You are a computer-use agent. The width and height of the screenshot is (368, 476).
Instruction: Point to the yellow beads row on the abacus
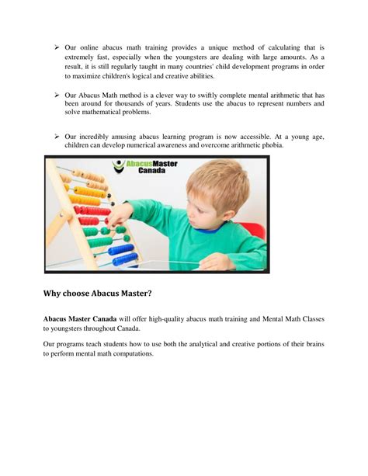coord(84,200)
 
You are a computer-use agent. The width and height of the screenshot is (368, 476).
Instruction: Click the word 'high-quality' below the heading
coord(175,319)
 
